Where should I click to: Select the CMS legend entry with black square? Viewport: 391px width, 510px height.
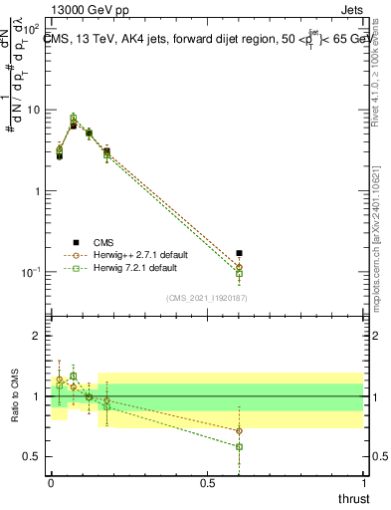101,241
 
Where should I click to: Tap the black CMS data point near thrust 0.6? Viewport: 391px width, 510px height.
239,253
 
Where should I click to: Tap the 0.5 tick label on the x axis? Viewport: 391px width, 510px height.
207,481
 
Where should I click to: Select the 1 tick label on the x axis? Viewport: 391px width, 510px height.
363,481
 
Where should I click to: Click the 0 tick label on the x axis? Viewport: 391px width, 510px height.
51,481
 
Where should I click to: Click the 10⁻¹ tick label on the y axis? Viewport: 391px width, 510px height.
32,272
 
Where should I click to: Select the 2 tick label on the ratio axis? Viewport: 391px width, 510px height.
38,337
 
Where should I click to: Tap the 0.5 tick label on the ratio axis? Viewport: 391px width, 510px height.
33,456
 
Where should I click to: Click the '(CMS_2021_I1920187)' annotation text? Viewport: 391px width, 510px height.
207,297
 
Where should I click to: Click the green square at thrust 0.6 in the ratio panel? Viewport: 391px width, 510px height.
239,446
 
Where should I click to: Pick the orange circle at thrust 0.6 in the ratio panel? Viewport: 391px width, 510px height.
239,430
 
